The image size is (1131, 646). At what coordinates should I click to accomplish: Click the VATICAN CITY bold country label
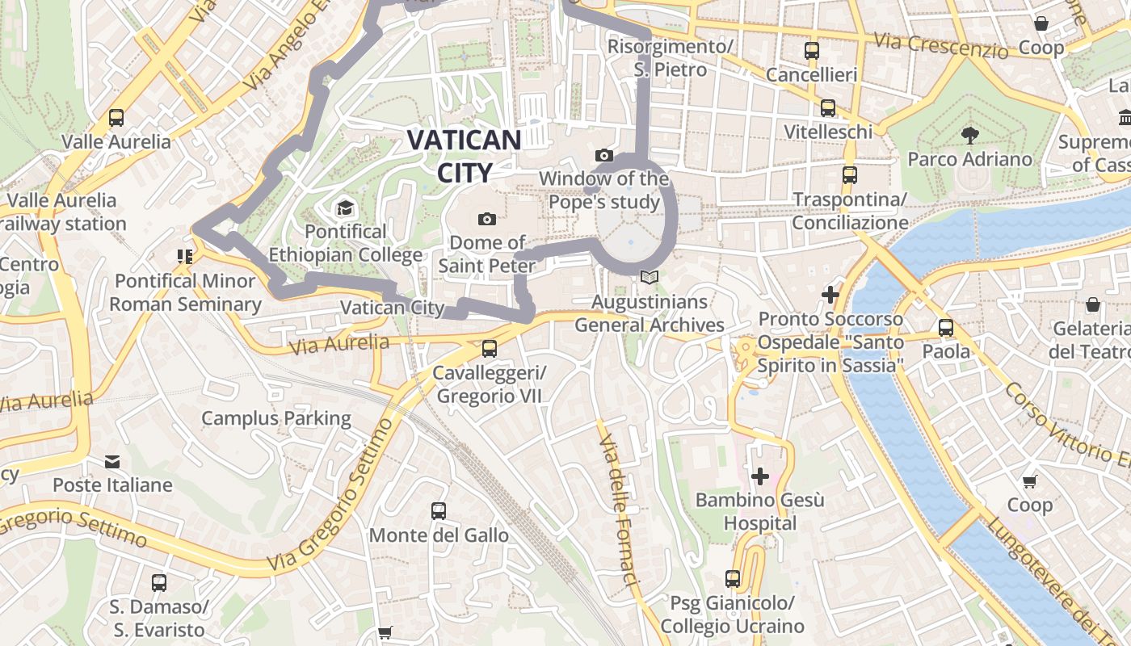(464, 156)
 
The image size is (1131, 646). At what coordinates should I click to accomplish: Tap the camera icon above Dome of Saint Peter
(486, 219)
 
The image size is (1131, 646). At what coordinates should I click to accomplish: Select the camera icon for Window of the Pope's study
(603, 155)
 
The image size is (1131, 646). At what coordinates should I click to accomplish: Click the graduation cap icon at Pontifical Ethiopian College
(345, 208)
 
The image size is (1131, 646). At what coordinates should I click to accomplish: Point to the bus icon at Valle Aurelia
(116, 118)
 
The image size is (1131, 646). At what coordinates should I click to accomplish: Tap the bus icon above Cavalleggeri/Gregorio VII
(489, 349)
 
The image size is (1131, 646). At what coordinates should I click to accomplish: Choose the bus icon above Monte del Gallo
(439, 510)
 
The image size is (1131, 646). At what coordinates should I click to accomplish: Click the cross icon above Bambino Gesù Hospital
(759, 476)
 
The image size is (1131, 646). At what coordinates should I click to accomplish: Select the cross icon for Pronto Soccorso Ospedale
(830, 295)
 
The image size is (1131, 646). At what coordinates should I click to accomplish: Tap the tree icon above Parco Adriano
(969, 135)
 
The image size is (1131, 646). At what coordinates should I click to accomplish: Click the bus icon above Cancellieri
(811, 51)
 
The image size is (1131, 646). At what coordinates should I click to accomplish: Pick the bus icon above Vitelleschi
(827, 107)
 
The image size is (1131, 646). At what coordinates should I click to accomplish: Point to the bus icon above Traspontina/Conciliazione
(849, 174)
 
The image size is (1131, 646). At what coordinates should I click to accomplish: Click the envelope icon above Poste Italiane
(112, 461)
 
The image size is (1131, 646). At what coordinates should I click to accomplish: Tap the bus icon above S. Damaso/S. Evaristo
(159, 582)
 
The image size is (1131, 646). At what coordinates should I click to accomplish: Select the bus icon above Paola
(946, 328)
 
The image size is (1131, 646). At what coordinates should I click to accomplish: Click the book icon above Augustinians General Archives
(649, 278)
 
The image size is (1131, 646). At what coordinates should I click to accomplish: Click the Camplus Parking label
(276, 418)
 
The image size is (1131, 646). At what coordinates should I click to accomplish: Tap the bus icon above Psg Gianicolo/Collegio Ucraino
(732, 579)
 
